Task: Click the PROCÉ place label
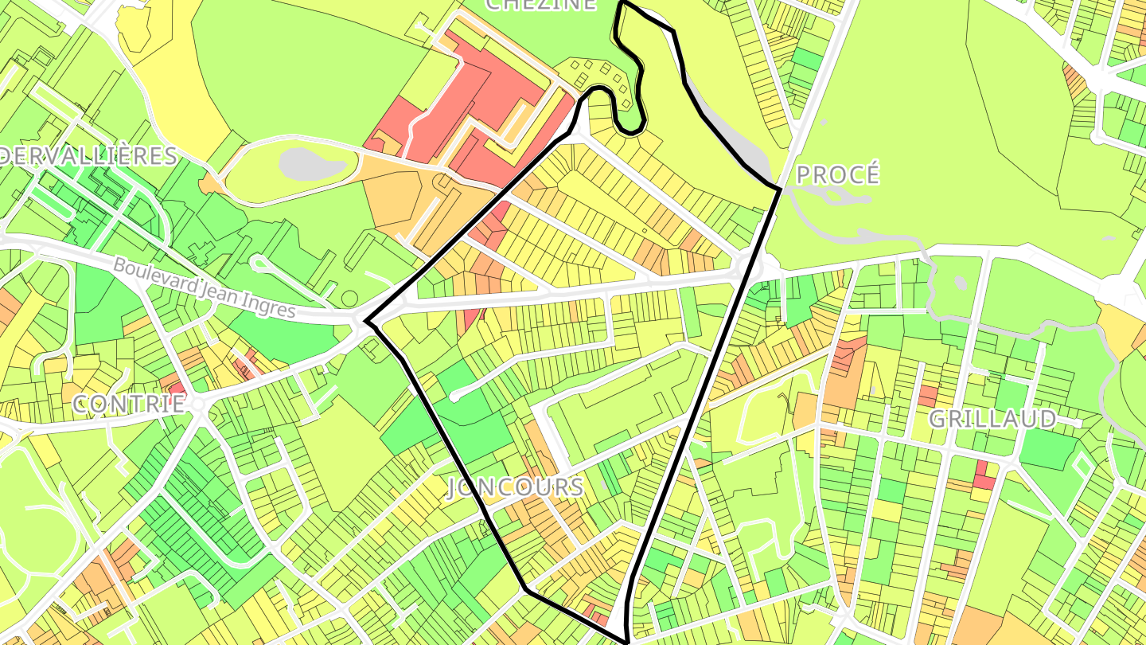point(838,174)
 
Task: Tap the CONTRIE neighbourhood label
point(130,404)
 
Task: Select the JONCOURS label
point(515,487)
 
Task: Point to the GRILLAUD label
point(992,419)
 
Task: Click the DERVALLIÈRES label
point(88,155)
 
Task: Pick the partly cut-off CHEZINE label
point(540,5)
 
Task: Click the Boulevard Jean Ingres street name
point(204,288)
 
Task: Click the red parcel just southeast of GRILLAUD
point(984,476)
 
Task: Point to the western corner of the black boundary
point(366,322)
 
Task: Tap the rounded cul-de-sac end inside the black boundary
point(455,395)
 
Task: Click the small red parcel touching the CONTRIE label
point(177,388)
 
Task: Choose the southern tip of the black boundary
point(626,639)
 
